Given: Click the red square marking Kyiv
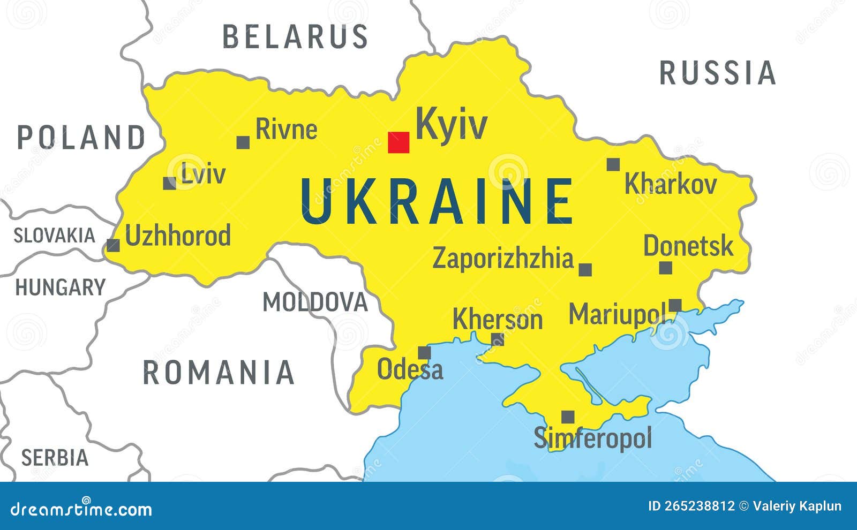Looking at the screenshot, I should coord(399,142).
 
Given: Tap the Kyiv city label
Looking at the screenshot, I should coord(452,125).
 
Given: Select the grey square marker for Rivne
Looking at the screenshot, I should coord(243,142).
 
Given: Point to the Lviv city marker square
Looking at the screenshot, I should coord(170,183).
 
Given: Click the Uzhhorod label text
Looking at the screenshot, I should coord(178,236).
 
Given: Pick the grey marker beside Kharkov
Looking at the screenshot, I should coord(613,164).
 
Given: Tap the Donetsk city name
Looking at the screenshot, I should coord(688,246).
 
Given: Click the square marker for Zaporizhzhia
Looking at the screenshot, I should coord(585,269).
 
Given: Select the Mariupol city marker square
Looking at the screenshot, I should coord(675,305).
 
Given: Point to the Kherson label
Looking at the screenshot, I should coord(498,320).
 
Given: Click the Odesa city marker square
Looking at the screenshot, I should coord(424,353).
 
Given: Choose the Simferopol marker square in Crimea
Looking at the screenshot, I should coord(568,417).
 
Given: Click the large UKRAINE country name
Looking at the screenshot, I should coord(437,202).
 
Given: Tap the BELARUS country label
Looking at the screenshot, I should coord(296,37).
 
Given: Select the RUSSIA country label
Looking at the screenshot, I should coord(718,73).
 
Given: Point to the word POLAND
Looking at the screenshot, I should coord(81,138).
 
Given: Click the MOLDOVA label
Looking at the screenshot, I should coord(315,302).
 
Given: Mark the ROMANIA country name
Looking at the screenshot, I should coord(219,373).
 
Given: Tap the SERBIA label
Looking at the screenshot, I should coord(55,458).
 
